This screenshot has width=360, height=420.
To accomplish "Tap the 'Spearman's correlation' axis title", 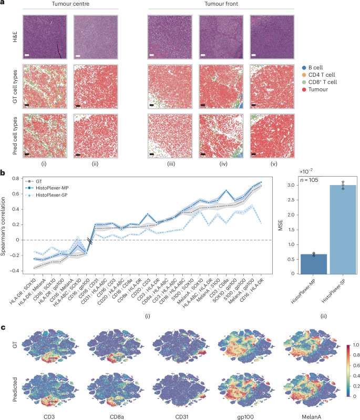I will [x=6, y=224].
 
